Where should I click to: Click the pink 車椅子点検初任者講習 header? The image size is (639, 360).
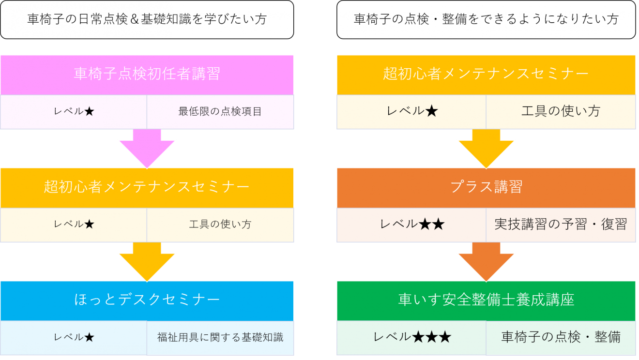coord(147,74)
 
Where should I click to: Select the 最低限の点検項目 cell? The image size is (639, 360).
coord(220,112)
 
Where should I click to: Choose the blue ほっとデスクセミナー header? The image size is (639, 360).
coord(147,300)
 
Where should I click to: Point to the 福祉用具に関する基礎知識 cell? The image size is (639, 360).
coord(220,337)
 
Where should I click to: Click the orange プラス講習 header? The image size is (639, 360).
coord(486,187)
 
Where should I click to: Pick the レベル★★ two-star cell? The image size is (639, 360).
coord(411,225)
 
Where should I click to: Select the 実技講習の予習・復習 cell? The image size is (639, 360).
coord(561,225)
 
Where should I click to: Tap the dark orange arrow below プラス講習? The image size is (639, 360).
coord(486,262)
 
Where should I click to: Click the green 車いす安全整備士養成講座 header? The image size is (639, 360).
coord(486,300)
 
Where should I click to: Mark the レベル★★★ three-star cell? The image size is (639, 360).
coord(411,337)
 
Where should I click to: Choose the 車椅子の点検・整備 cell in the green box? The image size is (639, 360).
coord(561,337)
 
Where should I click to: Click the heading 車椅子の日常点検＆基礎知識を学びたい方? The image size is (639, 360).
coord(147,19)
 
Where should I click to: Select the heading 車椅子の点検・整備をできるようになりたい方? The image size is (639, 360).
coord(486,19)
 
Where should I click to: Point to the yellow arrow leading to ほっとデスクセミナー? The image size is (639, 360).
coord(147,262)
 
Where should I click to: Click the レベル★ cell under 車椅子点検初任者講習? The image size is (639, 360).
coord(74,112)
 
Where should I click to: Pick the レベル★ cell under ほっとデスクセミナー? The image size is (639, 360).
coord(74,337)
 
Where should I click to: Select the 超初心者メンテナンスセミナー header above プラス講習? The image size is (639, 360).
coord(486,74)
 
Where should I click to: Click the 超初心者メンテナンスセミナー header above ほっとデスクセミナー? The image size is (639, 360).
coord(147,187)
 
